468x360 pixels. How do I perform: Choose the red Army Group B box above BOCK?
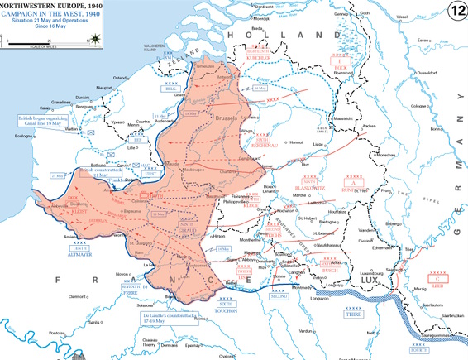[x=340, y=60]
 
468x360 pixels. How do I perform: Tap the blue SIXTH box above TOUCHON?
[x=226, y=304]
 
